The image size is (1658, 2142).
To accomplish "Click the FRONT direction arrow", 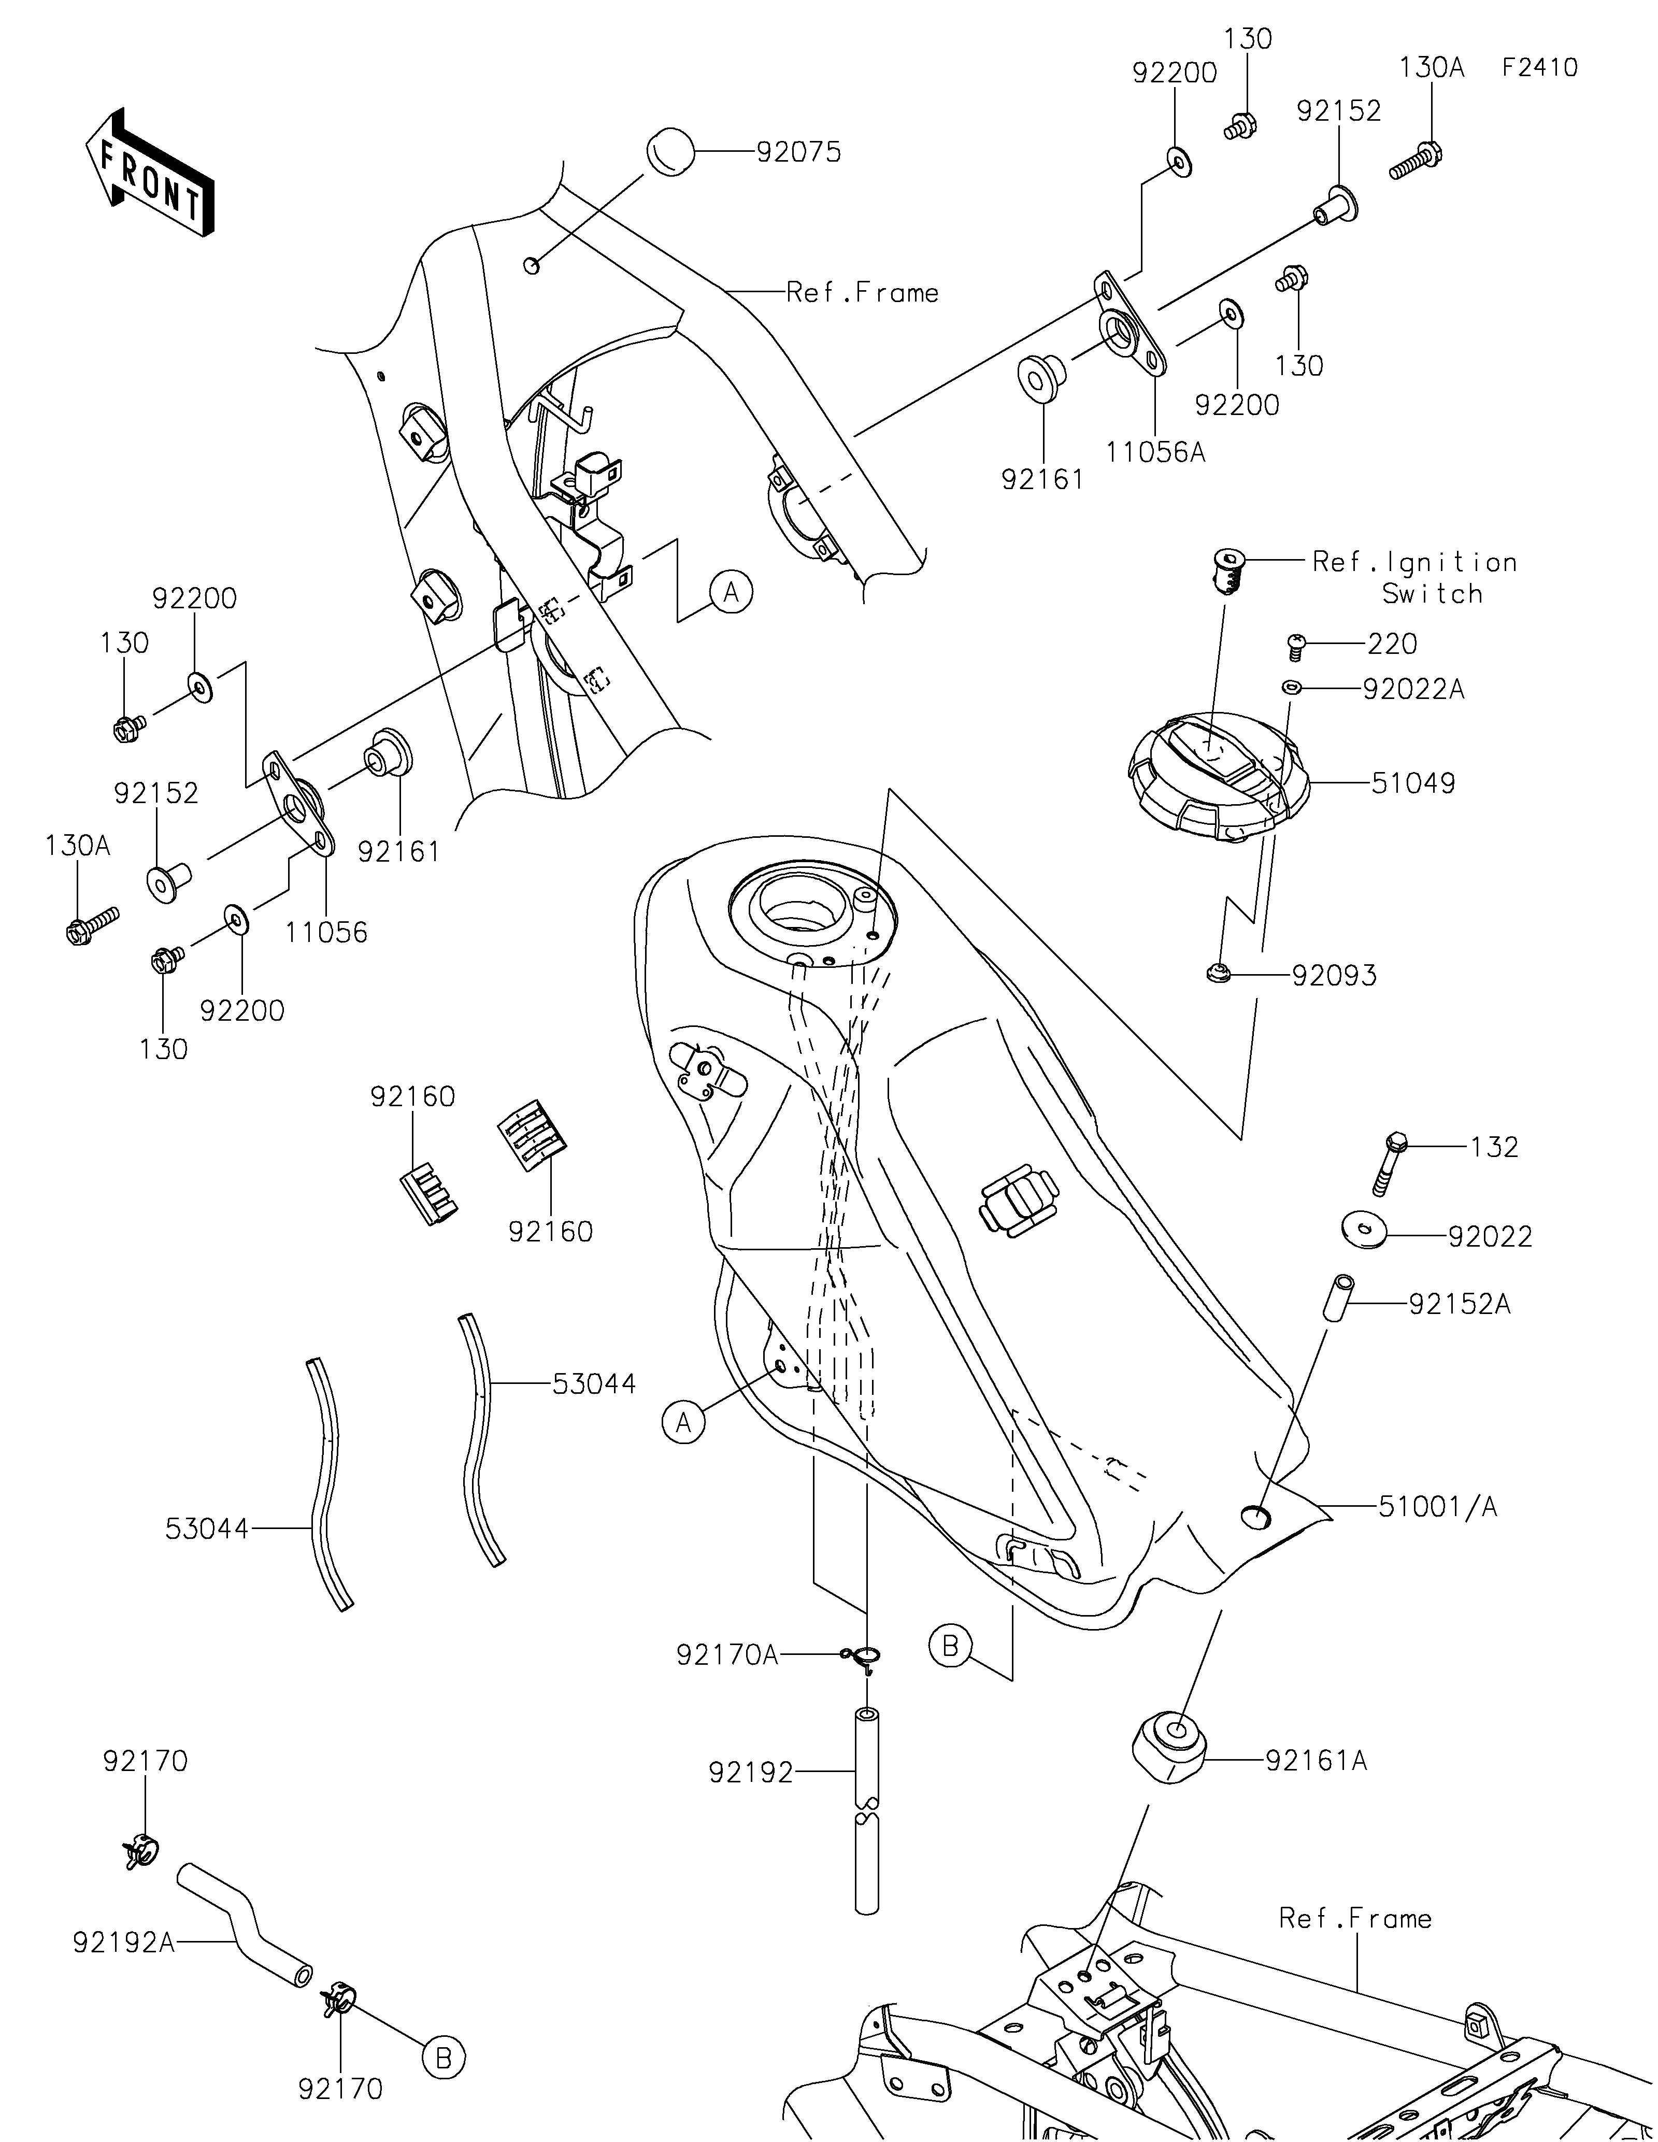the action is click(x=149, y=173).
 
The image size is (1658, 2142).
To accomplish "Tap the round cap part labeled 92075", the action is click(x=669, y=153).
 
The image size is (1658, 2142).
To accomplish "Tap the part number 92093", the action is click(x=1335, y=975).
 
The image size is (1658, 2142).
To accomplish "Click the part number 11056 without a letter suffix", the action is click(x=326, y=932).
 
